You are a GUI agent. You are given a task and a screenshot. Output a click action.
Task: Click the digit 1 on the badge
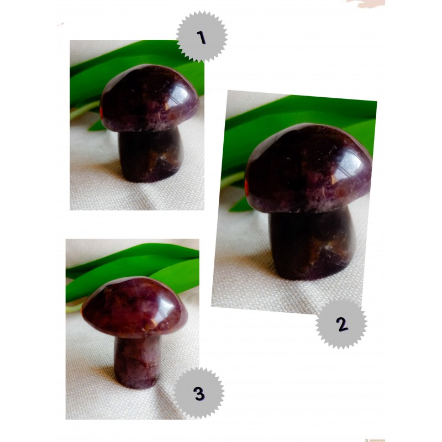point(202,38)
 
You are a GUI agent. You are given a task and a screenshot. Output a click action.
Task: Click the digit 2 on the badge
point(342,324)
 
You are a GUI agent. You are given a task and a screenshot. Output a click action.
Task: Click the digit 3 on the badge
point(199,393)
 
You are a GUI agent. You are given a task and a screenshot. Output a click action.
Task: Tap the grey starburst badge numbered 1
point(202,36)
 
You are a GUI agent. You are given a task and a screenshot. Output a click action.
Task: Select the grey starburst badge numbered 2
point(341,324)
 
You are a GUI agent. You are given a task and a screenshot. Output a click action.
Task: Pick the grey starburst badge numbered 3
point(199,393)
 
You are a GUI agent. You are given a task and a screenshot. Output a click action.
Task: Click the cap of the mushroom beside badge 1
point(149,98)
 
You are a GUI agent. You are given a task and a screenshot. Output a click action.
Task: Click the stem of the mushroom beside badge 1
point(151,155)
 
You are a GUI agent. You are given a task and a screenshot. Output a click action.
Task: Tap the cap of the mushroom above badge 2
point(308,169)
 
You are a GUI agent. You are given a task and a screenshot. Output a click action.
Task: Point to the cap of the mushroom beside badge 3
point(135,307)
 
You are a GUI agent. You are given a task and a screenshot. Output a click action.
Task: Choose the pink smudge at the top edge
point(366,3)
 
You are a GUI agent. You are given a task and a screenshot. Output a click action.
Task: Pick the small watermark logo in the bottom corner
point(375,440)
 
